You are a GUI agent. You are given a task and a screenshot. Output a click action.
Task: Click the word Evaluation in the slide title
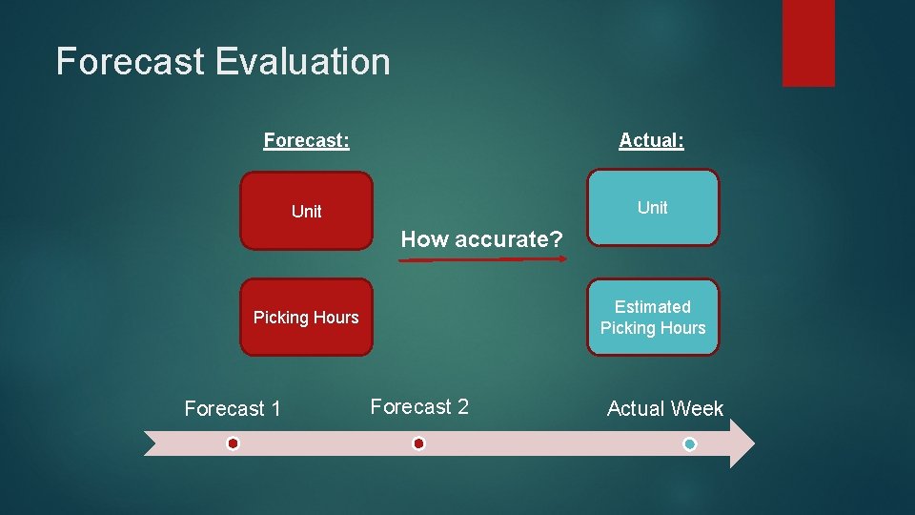coord(302,62)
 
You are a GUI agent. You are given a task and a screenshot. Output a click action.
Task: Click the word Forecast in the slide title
coord(131,62)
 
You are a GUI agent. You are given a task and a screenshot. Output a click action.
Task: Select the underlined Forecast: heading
coord(306,140)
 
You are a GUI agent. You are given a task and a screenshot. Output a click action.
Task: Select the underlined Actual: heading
coord(651,140)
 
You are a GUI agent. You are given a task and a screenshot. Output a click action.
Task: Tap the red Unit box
coord(306,211)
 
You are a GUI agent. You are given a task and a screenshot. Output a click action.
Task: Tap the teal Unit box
coord(653,208)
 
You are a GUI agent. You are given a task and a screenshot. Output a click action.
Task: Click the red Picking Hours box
coord(306,318)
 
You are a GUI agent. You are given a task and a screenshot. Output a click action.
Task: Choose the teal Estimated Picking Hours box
coord(653,318)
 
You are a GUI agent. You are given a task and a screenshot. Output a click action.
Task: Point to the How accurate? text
coord(481,239)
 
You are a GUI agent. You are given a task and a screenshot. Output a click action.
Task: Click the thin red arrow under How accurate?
coord(481,258)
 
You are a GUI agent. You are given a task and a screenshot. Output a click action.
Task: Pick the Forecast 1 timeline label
coord(233,409)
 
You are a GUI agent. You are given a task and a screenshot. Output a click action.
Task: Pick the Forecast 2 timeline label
coord(419,407)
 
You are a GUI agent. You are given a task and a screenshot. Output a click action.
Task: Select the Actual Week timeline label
coord(665,409)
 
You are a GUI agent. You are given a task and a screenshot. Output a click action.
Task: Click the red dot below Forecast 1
coord(233,443)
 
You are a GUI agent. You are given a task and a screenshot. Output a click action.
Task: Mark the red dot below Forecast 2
coord(418,443)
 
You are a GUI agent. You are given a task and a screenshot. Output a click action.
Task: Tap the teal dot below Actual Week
coord(690,444)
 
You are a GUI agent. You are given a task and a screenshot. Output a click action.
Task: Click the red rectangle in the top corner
coord(808,43)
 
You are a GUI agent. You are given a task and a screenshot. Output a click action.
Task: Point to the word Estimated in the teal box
coord(653,307)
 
